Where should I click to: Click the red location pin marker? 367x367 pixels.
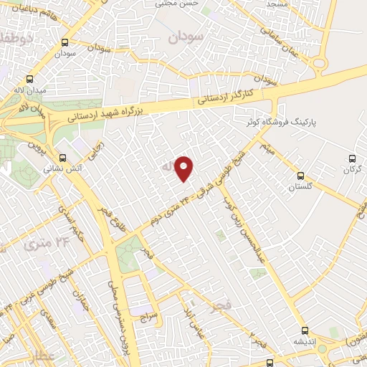click(185, 168)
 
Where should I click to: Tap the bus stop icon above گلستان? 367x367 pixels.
click(300, 174)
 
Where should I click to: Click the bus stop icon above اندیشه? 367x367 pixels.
click(306, 330)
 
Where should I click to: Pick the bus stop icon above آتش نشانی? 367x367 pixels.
click(62, 158)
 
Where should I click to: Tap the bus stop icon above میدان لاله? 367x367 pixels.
click(29, 80)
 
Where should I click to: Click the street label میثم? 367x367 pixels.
click(265, 149)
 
